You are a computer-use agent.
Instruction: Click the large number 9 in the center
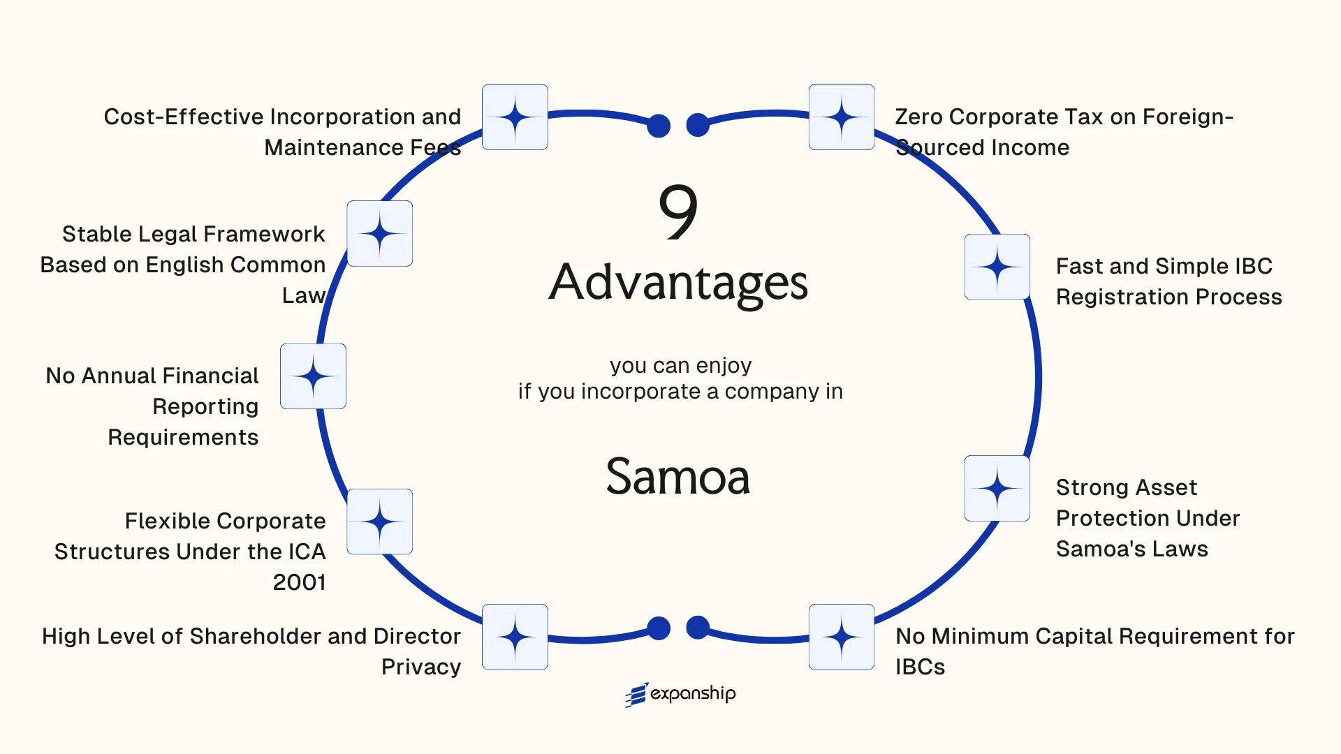pyautogui.click(x=678, y=212)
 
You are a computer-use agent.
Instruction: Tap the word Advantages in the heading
pyautogui.click(x=678, y=282)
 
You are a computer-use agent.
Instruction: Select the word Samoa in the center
pyautogui.click(x=678, y=477)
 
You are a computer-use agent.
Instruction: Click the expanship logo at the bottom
pyautogui.click(x=680, y=694)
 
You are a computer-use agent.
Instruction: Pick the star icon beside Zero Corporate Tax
pyautogui.click(x=842, y=117)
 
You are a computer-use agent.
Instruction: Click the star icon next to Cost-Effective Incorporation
pyautogui.click(x=515, y=117)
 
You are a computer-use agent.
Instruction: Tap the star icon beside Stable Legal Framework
pyautogui.click(x=380, y=233)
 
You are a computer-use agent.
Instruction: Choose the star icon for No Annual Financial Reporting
pyautogui.click(x=313, y=376)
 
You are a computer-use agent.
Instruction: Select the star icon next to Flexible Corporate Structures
pyautogui.click(x=380, y=522)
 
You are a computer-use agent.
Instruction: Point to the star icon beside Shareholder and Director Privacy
pyautogui.click(x=515, y=637)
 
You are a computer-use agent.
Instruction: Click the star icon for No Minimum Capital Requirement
pyautogui.click(x=842, y=637)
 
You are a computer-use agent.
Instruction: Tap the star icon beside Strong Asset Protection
pyautogui.click(x=997, y=489)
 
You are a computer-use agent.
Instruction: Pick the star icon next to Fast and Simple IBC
pyautogui.click(x=997, y=267)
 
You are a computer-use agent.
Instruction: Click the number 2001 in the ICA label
pyautogui.click(x=299, y=582)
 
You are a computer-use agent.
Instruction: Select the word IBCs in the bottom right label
pyautogui.click(x=920, y=667)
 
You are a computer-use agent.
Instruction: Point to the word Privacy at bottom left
pyautogui.click(x=421, y=667)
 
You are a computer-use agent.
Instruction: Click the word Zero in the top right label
pyautogui.click(x=918, y=117)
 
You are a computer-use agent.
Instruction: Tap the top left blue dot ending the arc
pyautogui.click(x=659, y=126)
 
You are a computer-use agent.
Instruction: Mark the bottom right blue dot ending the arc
pyautogui.click(x=698, y=628)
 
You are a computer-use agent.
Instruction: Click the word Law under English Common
pyautogui.click(x=303, y=295)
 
